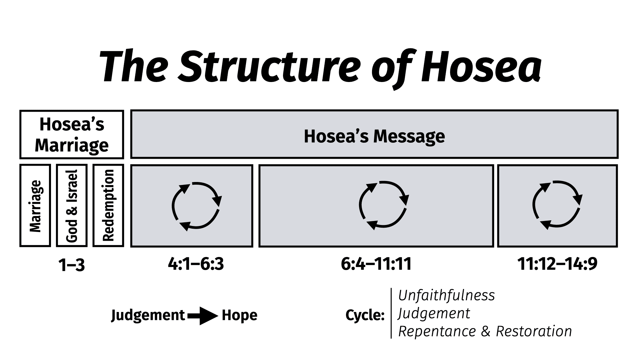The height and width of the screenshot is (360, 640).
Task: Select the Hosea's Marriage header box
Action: coord(72,134)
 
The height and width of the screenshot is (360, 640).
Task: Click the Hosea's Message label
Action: coord(374,136)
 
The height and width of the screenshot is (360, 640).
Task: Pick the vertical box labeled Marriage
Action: coord(35,206)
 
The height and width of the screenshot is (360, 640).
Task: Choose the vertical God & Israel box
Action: coord(72,206)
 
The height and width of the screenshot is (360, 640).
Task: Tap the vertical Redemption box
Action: coord(108,206)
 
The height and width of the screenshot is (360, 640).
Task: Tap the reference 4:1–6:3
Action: coord(196,264)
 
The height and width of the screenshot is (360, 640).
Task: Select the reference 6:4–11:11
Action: coord(376,264)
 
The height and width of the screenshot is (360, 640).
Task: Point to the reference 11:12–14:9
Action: coord(557,264)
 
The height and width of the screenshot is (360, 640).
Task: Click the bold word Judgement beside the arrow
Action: coord(148,315)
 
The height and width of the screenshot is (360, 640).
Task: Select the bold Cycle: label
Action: coord(365,315)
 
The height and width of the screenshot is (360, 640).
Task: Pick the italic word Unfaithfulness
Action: coord(447,295)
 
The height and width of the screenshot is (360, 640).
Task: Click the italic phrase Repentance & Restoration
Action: coord(485,331)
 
